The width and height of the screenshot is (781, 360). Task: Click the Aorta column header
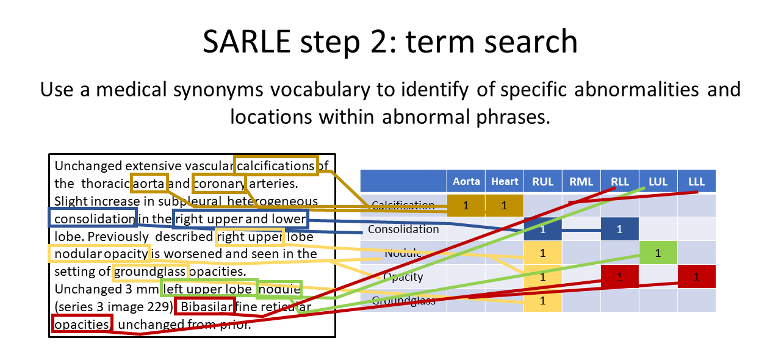click(466, 181)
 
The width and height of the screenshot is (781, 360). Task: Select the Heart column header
click(505, 181)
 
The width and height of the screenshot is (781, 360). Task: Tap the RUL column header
click(542, 181)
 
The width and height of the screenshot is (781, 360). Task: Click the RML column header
click(581, 181)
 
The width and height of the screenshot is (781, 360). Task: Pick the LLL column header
click(696, 181)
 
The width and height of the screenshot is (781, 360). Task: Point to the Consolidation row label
click(403, 229)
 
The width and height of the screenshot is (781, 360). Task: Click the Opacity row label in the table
click(403, 276)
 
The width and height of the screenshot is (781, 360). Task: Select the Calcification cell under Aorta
click(466, 206)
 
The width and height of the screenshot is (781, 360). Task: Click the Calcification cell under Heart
click(505, 206)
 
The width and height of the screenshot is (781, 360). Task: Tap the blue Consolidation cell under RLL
click(619, 229)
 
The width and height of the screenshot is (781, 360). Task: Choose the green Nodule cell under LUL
click(658, 253)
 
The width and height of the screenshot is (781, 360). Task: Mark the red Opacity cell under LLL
click(696, 276)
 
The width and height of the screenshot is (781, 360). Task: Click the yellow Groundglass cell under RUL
click(542, 300)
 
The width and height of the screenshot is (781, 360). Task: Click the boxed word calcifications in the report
click(276, 166)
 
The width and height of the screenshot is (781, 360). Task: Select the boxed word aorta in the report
click(147, 183)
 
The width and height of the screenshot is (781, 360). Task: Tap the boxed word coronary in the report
click(220, 183)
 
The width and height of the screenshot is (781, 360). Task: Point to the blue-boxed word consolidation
click(93, 218)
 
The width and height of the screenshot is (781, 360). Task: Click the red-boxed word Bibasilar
click(205, 306)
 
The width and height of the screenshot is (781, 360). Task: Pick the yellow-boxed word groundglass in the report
click(150, 271)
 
